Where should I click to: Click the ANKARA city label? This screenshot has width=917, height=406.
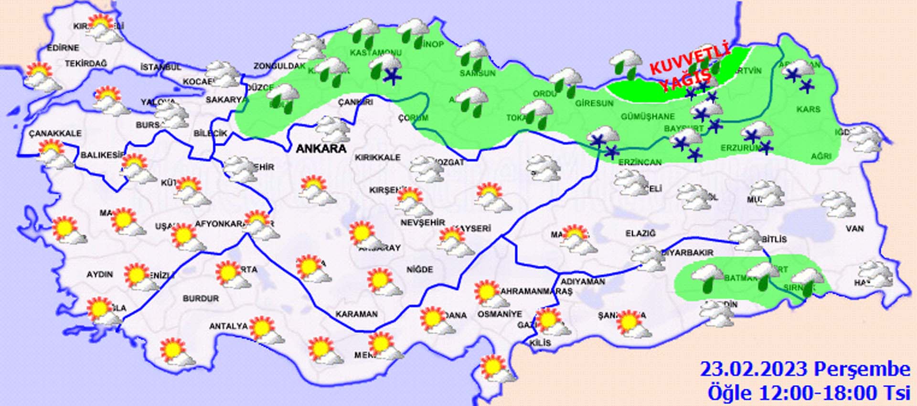[x=321, y=149]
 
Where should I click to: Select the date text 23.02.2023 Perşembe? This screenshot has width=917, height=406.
[x=805, y=369]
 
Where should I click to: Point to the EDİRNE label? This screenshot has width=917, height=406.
[x=63, y=48]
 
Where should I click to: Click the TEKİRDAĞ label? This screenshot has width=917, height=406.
[x=86, y=64]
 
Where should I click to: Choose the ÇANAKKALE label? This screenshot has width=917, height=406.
[x=55, y=133]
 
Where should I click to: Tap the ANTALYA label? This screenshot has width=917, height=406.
[x=228, y=326]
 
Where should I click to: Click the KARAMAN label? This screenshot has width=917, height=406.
[x=356, y=314]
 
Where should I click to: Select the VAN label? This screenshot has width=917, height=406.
[x=854, y=229]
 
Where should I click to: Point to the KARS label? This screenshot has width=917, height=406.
[x=808, y=110]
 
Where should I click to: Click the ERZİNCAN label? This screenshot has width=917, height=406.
[x=640, y=163]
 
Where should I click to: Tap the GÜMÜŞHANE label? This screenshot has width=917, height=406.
[x=648, y=117]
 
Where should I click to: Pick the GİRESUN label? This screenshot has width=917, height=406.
[x=594, y=103]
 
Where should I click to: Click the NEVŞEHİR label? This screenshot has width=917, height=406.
[x=422, y=223]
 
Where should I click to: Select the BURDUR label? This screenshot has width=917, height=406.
[x=201, y=298]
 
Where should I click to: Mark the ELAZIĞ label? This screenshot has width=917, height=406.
[x=640, y=233]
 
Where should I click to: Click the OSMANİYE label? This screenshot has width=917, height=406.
[x=500, y=314]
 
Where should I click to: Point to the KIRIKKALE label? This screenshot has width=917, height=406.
[x=377, y=157]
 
